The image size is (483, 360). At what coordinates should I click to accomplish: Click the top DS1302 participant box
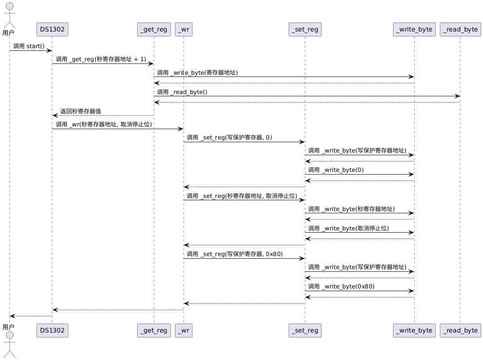52,29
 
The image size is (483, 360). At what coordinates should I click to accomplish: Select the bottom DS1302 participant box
52,330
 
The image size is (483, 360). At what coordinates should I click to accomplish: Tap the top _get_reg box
154,29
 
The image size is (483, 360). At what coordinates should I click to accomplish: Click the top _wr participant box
183,29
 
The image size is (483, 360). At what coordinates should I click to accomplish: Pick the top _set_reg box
305,29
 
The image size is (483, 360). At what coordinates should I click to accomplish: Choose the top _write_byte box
414,29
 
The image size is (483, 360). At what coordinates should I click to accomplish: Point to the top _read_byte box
461,29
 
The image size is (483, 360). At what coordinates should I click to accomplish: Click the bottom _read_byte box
461,330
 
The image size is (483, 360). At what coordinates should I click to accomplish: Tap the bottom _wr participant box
183,330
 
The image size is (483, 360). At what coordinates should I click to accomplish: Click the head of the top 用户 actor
10,6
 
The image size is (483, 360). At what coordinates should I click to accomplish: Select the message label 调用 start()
29,46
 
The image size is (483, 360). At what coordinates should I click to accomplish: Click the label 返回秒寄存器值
80,111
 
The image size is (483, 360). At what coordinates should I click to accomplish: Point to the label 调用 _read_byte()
182,92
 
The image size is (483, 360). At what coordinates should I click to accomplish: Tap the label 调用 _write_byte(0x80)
341,286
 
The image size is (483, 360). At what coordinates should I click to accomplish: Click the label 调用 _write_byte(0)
336,170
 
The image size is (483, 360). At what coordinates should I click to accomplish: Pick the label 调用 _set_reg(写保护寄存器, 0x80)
235,254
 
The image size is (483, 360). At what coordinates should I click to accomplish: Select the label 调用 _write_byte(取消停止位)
349,228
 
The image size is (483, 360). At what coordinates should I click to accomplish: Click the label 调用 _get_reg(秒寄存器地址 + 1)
101,59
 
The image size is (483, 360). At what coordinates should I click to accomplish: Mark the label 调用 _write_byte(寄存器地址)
197,72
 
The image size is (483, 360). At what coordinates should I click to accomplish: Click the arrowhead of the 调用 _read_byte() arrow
458,96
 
